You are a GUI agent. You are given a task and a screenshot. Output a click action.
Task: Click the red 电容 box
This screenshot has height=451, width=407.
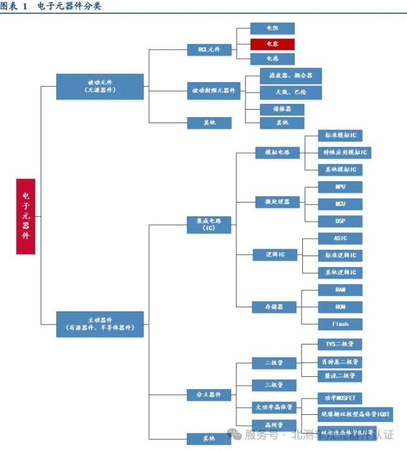pyautogui.click(x=272, y=44)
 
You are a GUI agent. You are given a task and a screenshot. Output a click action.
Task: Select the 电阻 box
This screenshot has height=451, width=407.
pyautogui.click(x=272, y=29)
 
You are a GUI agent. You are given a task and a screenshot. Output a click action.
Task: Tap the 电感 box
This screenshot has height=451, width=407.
pyautogui.click(x=272, y=59)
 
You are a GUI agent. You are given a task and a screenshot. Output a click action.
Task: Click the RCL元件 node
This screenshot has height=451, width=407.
pyautogui.click(x=209, y=50)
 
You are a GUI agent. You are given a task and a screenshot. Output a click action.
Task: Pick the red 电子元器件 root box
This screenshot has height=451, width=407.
pyautogui.click(x=26, y=216)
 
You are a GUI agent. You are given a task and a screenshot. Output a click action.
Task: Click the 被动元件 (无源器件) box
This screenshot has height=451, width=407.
pyautogui.click(x=100, y=86)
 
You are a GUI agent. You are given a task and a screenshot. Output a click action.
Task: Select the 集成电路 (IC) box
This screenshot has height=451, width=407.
pyautogui.click(x=209, y=225)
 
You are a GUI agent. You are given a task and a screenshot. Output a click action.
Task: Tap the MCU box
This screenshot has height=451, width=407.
pyautogui.click(x=340, y=204)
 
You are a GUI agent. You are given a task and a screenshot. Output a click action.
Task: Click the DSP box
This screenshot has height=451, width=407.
pyautogui.click(x=340, y=221)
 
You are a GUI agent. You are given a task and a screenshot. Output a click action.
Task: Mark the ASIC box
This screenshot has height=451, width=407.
pyautogui.click(x=340, y=239)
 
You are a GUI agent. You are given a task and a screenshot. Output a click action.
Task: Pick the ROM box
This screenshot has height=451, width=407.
pyautogui.click(x=340, y=307)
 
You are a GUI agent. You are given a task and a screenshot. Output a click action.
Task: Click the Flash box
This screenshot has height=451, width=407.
pyautogui.click(x=340, y=324)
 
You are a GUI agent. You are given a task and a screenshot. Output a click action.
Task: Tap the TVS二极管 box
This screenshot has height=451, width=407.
pyautogui.click(x=340, y=344)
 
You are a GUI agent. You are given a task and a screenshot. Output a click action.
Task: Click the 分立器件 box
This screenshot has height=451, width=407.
pyautogui.click(x=209, y=395)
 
